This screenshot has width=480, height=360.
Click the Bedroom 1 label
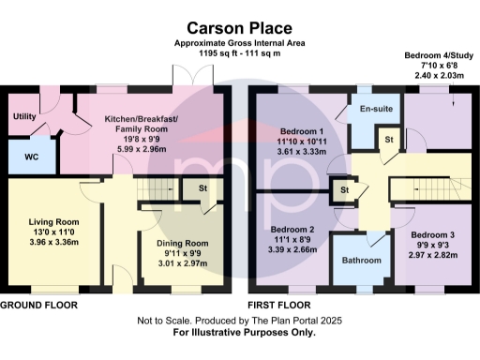[302, 130]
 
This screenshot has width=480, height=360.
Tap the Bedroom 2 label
[292, 229]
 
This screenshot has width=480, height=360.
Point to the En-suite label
[375, 110]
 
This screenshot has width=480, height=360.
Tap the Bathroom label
[361, 260]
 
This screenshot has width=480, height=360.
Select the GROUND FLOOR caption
[38, 306]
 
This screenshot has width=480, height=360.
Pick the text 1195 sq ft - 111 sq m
[239, 54]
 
